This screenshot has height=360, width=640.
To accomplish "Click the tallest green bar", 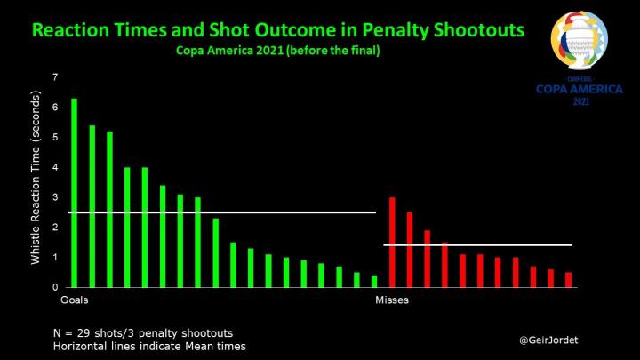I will [x=74, y=192].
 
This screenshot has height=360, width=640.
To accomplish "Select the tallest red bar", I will [x=392, y=242].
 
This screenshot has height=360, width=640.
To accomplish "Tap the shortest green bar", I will [x=374, y=281].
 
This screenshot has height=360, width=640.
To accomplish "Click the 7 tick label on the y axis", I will [x=55, y=77].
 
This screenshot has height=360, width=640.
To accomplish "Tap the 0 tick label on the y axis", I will [x=55, y=287].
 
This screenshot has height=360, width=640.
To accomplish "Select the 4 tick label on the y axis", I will [x=55, y=167].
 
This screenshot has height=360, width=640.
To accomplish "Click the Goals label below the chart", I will [x=74, y=301].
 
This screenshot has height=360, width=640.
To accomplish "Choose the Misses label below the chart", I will [x=392, y=301].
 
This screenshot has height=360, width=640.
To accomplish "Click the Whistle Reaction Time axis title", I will [x=36, y=182].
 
